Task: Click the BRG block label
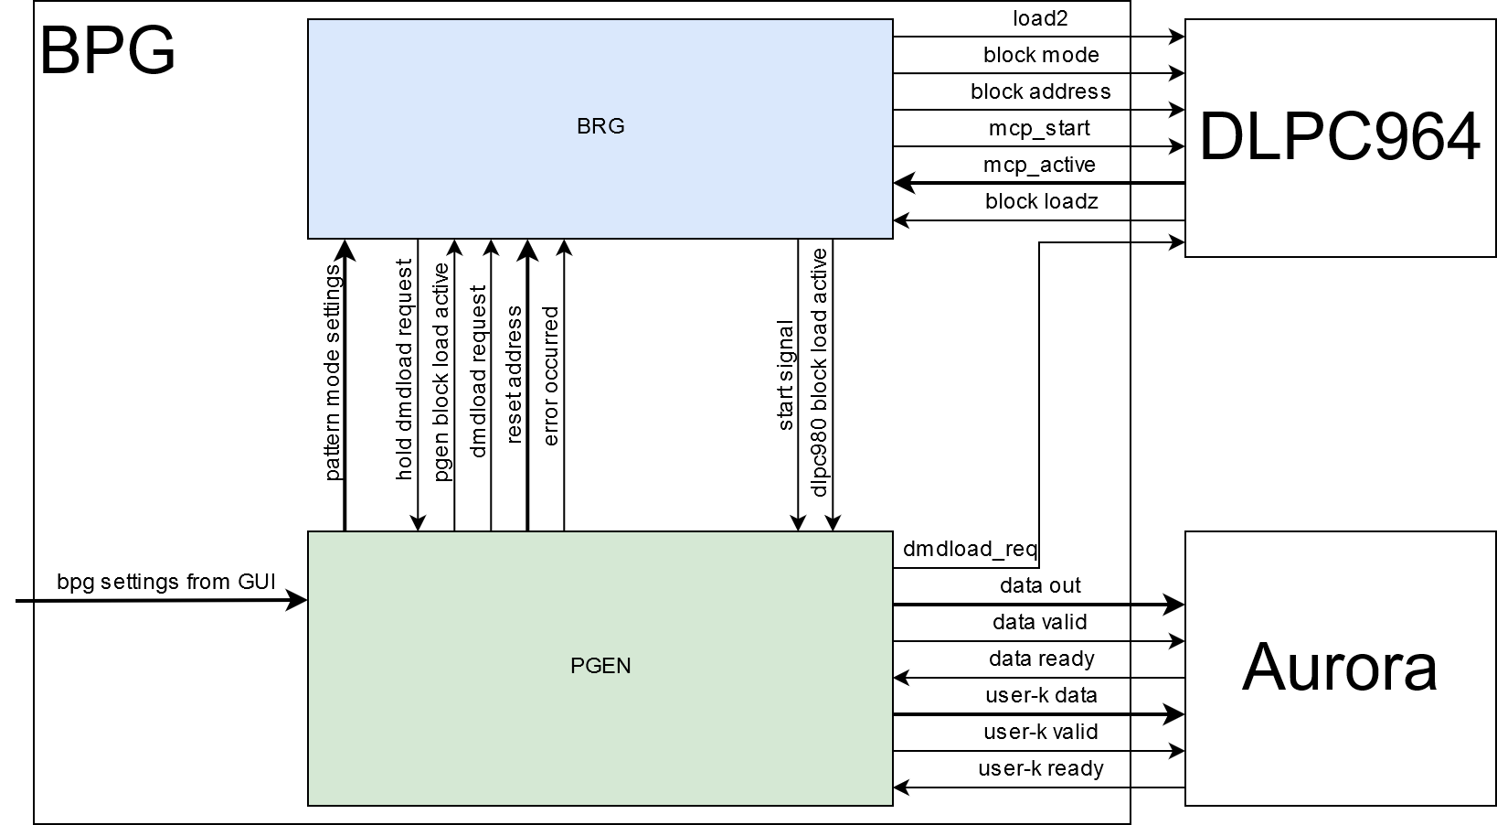tap(600, 126)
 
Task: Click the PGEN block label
tap(600, 665)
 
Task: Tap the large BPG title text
tap(107, 51)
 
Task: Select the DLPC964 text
tap(1339, 138)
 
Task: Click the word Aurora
tap(1339, 667)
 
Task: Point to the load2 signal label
tap(1040, 18)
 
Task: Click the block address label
tap(1040, 91)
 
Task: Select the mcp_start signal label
tap(1040, 128)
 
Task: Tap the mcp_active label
tap(1040, 165)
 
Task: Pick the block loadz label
tap(1040, 201)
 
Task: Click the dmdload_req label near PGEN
tap(970, 549)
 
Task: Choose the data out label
tap(1040, 585)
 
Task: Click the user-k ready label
tap(1040, 768)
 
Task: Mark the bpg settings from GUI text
tap(166, 582)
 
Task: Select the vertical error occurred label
tap(550, 376)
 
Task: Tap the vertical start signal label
tap(785, 375)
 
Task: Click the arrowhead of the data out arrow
tap(1175, 605)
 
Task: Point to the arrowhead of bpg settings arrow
tap(298, 601)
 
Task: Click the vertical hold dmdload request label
tap(404, 369)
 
